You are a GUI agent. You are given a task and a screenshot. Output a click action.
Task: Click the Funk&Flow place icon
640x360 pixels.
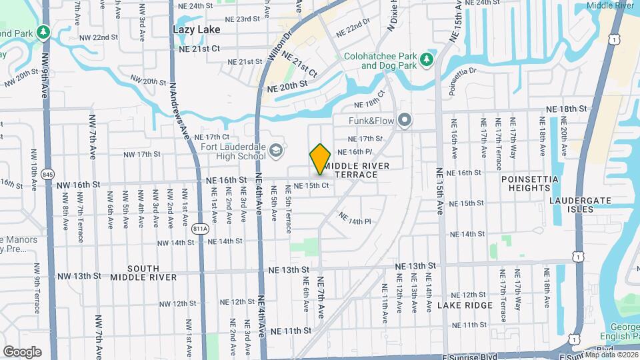[x=404, y=121]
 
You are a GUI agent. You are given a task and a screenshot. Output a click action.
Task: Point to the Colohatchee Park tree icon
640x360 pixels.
[x=427, y=61]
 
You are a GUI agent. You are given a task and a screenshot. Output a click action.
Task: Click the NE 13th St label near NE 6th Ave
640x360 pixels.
[x=288, y=270]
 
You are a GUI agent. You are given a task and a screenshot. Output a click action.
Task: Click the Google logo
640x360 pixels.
[x=22, y=351]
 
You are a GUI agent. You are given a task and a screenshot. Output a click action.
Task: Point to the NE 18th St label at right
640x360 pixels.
[x=566, y=108]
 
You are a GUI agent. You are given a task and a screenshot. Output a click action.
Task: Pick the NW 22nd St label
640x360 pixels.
[x=95, y=37]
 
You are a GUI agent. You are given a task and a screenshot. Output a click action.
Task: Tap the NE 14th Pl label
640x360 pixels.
[x=354, y=218]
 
